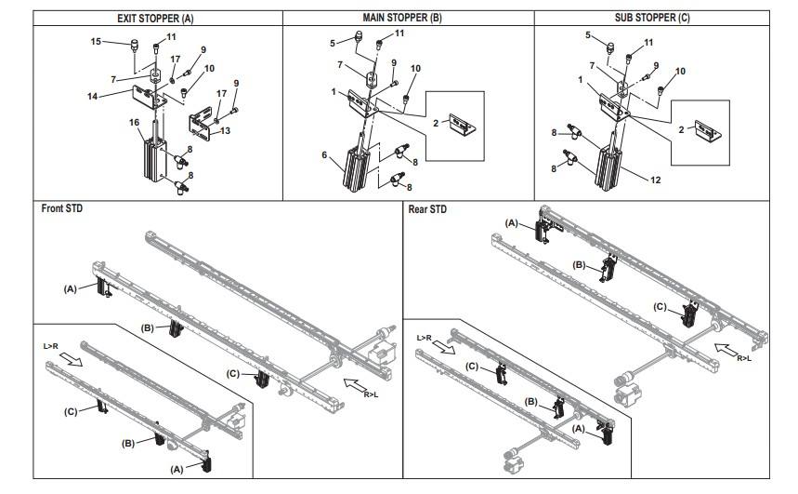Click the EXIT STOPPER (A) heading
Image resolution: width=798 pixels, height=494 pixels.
point(155,19)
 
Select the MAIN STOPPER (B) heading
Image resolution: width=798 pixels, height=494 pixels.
point(402,18)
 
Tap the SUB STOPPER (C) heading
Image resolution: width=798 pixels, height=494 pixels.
point(652,18)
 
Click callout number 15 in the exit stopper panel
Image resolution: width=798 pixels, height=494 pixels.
point(97,41)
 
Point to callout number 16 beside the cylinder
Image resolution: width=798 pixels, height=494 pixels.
point(134,123)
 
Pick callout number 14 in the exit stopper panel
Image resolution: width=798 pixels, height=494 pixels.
point(92,96)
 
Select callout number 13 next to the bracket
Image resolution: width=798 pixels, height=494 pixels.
point(225,130)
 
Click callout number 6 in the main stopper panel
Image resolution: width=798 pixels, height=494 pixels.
point(324,154)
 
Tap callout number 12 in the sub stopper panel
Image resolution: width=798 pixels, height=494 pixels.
point(656,180)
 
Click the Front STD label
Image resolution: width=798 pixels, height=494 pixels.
point(61,208)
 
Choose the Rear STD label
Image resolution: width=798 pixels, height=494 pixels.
point(427,209)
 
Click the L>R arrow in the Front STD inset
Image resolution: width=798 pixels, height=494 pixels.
point(71,360)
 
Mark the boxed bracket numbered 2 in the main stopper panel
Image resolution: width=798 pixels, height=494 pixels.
point(462,124)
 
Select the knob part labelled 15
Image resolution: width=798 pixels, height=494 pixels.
point(135,45)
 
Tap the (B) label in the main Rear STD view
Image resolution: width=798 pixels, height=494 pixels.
point(579,265)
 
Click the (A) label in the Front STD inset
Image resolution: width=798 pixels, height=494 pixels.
point(177,470)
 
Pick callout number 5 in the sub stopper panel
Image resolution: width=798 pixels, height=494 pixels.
point(588,35)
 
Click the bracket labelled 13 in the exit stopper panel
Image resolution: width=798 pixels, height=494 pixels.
point(201,124)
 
